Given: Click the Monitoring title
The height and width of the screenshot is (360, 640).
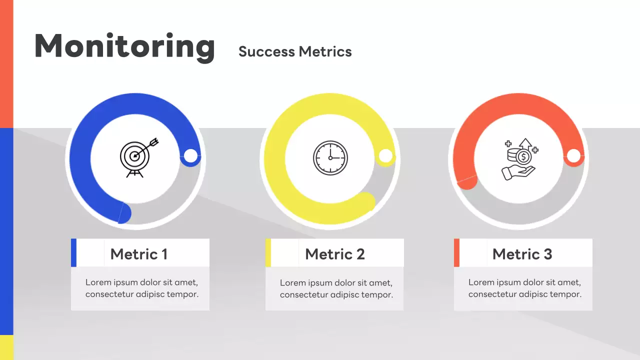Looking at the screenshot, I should tap(124, 46).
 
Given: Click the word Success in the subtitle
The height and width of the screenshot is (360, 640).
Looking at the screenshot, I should tap(266, 51).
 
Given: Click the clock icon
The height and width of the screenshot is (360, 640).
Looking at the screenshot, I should tap(330, 157).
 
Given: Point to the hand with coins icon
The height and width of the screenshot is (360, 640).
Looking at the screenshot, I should tap(520, 159).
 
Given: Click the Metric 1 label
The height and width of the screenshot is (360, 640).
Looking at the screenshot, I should tap(138, 254).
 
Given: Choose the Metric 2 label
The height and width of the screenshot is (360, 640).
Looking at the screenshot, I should tap(334, 254).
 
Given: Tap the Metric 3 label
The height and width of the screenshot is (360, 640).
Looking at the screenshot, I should tap(522, 254).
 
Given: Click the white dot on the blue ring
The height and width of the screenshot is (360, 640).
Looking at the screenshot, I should tap(190, 156).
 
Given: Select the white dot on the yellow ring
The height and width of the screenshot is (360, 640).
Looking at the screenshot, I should tap(385, 156).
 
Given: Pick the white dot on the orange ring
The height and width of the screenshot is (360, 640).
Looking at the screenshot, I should tap(573, 156).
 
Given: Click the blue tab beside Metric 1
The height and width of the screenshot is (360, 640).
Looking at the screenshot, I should tap(73, 252).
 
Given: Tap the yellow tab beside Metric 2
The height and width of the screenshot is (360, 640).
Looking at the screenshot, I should tap(268, 252).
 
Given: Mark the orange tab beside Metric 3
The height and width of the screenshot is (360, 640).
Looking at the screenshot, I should tap(456, 252).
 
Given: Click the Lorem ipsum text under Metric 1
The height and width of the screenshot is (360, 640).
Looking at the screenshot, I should tap(141, 288).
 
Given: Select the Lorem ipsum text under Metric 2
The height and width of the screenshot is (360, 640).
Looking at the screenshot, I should tap(336, 288).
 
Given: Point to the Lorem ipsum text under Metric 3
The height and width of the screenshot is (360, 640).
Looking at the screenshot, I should tap(524, 288).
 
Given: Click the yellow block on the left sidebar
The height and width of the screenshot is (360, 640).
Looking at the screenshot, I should tap(6, 347).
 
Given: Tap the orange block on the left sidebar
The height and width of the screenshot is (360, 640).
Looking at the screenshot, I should tap(6, 64).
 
